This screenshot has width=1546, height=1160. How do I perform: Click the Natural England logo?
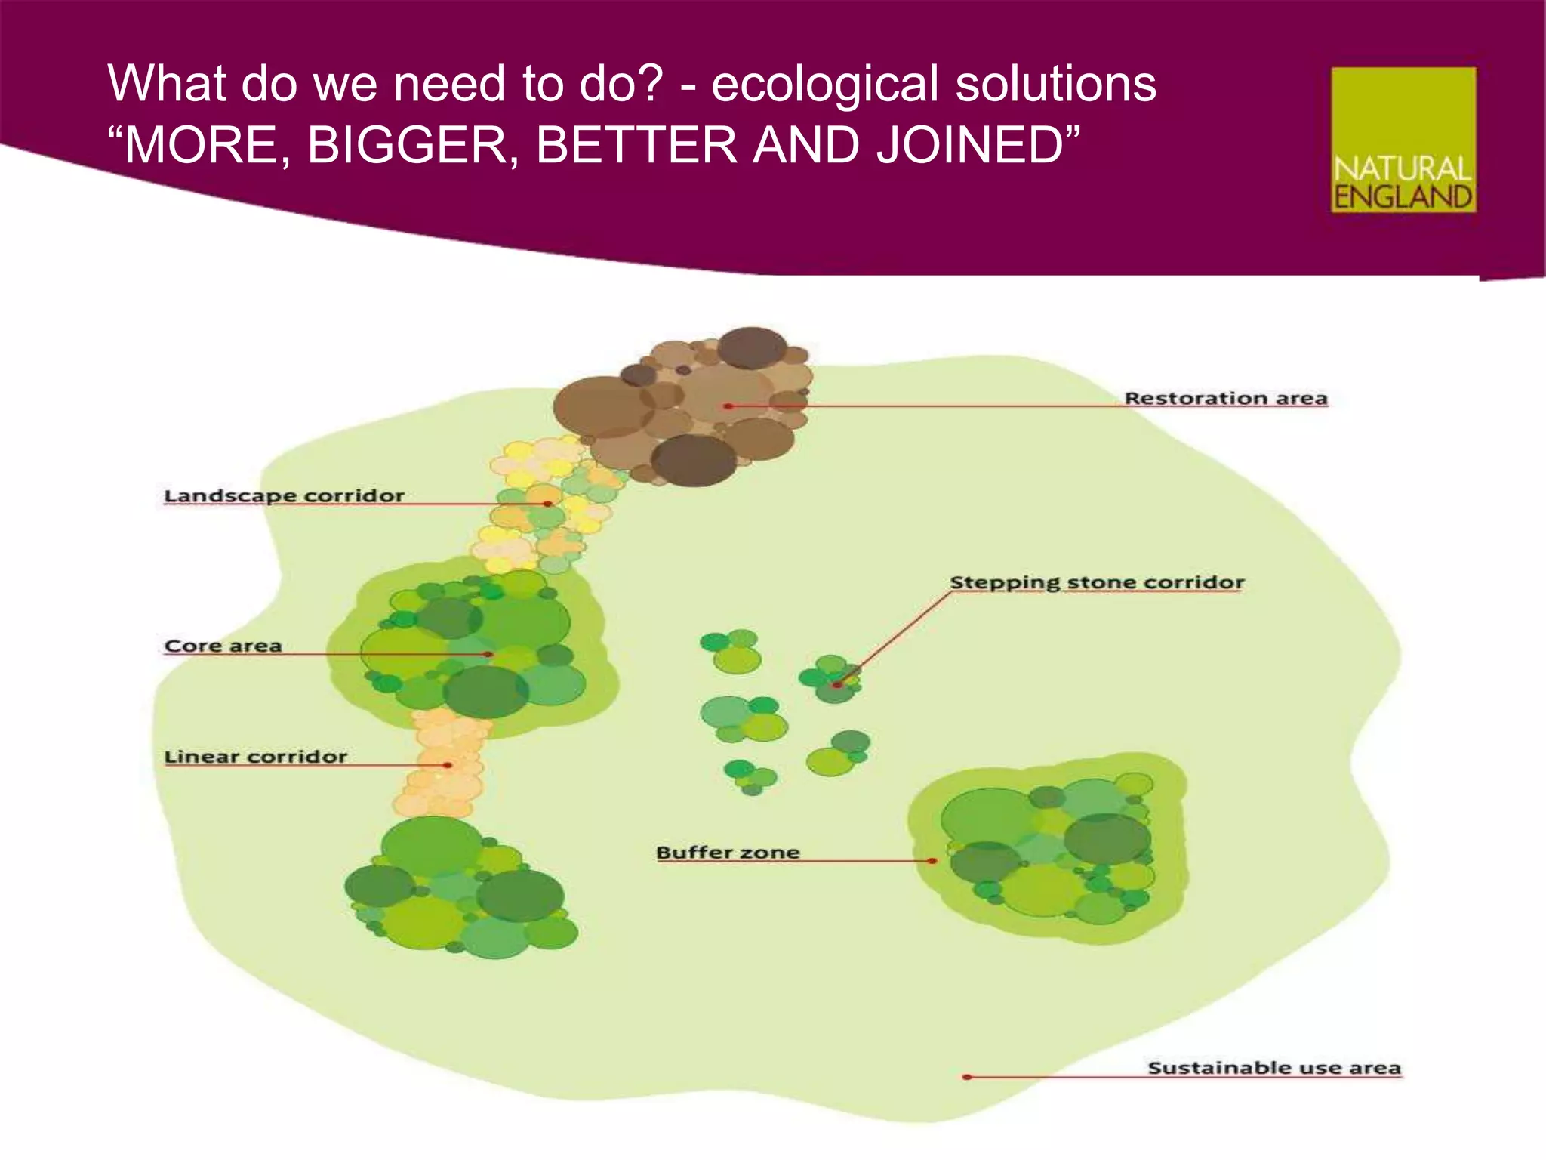point(1403,140)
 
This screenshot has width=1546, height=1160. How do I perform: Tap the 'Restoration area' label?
point(1226,398)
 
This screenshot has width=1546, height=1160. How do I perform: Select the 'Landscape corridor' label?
point(284,495)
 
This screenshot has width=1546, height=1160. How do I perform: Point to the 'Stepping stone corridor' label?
point(1096,582)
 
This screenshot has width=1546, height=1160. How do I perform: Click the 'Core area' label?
point(223,646)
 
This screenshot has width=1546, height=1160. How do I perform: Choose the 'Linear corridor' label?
point(255,757)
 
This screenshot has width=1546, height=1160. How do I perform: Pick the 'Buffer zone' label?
point(727,853)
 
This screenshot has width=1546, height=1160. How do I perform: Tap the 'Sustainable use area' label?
point(1273,1068)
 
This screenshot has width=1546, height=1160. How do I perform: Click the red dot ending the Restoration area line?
point(728,406)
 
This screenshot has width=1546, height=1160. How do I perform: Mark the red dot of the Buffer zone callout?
point(933,861)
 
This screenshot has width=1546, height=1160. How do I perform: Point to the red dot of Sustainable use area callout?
point(967,1077)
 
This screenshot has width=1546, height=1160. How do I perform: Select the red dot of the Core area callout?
point(489,654)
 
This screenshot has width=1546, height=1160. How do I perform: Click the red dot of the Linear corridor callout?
point(448,765)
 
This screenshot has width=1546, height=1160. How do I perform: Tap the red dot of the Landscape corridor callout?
point(548,504)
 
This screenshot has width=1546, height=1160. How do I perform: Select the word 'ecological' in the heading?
point(825,83)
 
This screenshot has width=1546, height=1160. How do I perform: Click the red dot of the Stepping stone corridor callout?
point(836,685)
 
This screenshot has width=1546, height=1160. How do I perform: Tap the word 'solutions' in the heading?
point(1055,83)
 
